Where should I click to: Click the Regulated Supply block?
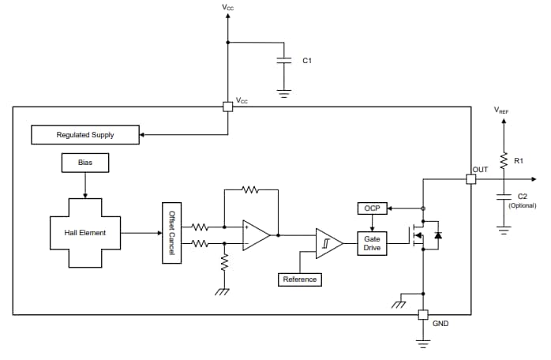click(x=84, y=135)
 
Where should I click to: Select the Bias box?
click(x=84, y=163)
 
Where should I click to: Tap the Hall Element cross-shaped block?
click(x=84, y=233)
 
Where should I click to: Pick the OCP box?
click(x=371, y=208)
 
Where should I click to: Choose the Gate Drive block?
click(x=371, y=243)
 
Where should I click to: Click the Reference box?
click(x=299, y=279)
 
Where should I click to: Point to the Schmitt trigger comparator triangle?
click(x=328, y=243)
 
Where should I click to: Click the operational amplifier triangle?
click(x=255, y=235)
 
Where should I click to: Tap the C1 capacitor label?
click(x=308, y=61)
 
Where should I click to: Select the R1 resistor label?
click(x=519, y=160)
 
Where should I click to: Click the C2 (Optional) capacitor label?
click(x=522, y=201)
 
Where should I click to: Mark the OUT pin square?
click(x=470, y=179)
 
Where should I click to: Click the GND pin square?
click(x=422, y=315)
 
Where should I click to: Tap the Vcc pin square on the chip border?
click(x=227, y=107)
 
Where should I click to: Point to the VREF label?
click(x=501, y=111)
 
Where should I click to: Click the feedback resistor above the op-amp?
click(x=250, y=189)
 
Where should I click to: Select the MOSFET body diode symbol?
click(x=439, y=235)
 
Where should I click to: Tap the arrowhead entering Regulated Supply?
click(x=143, y=135)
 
